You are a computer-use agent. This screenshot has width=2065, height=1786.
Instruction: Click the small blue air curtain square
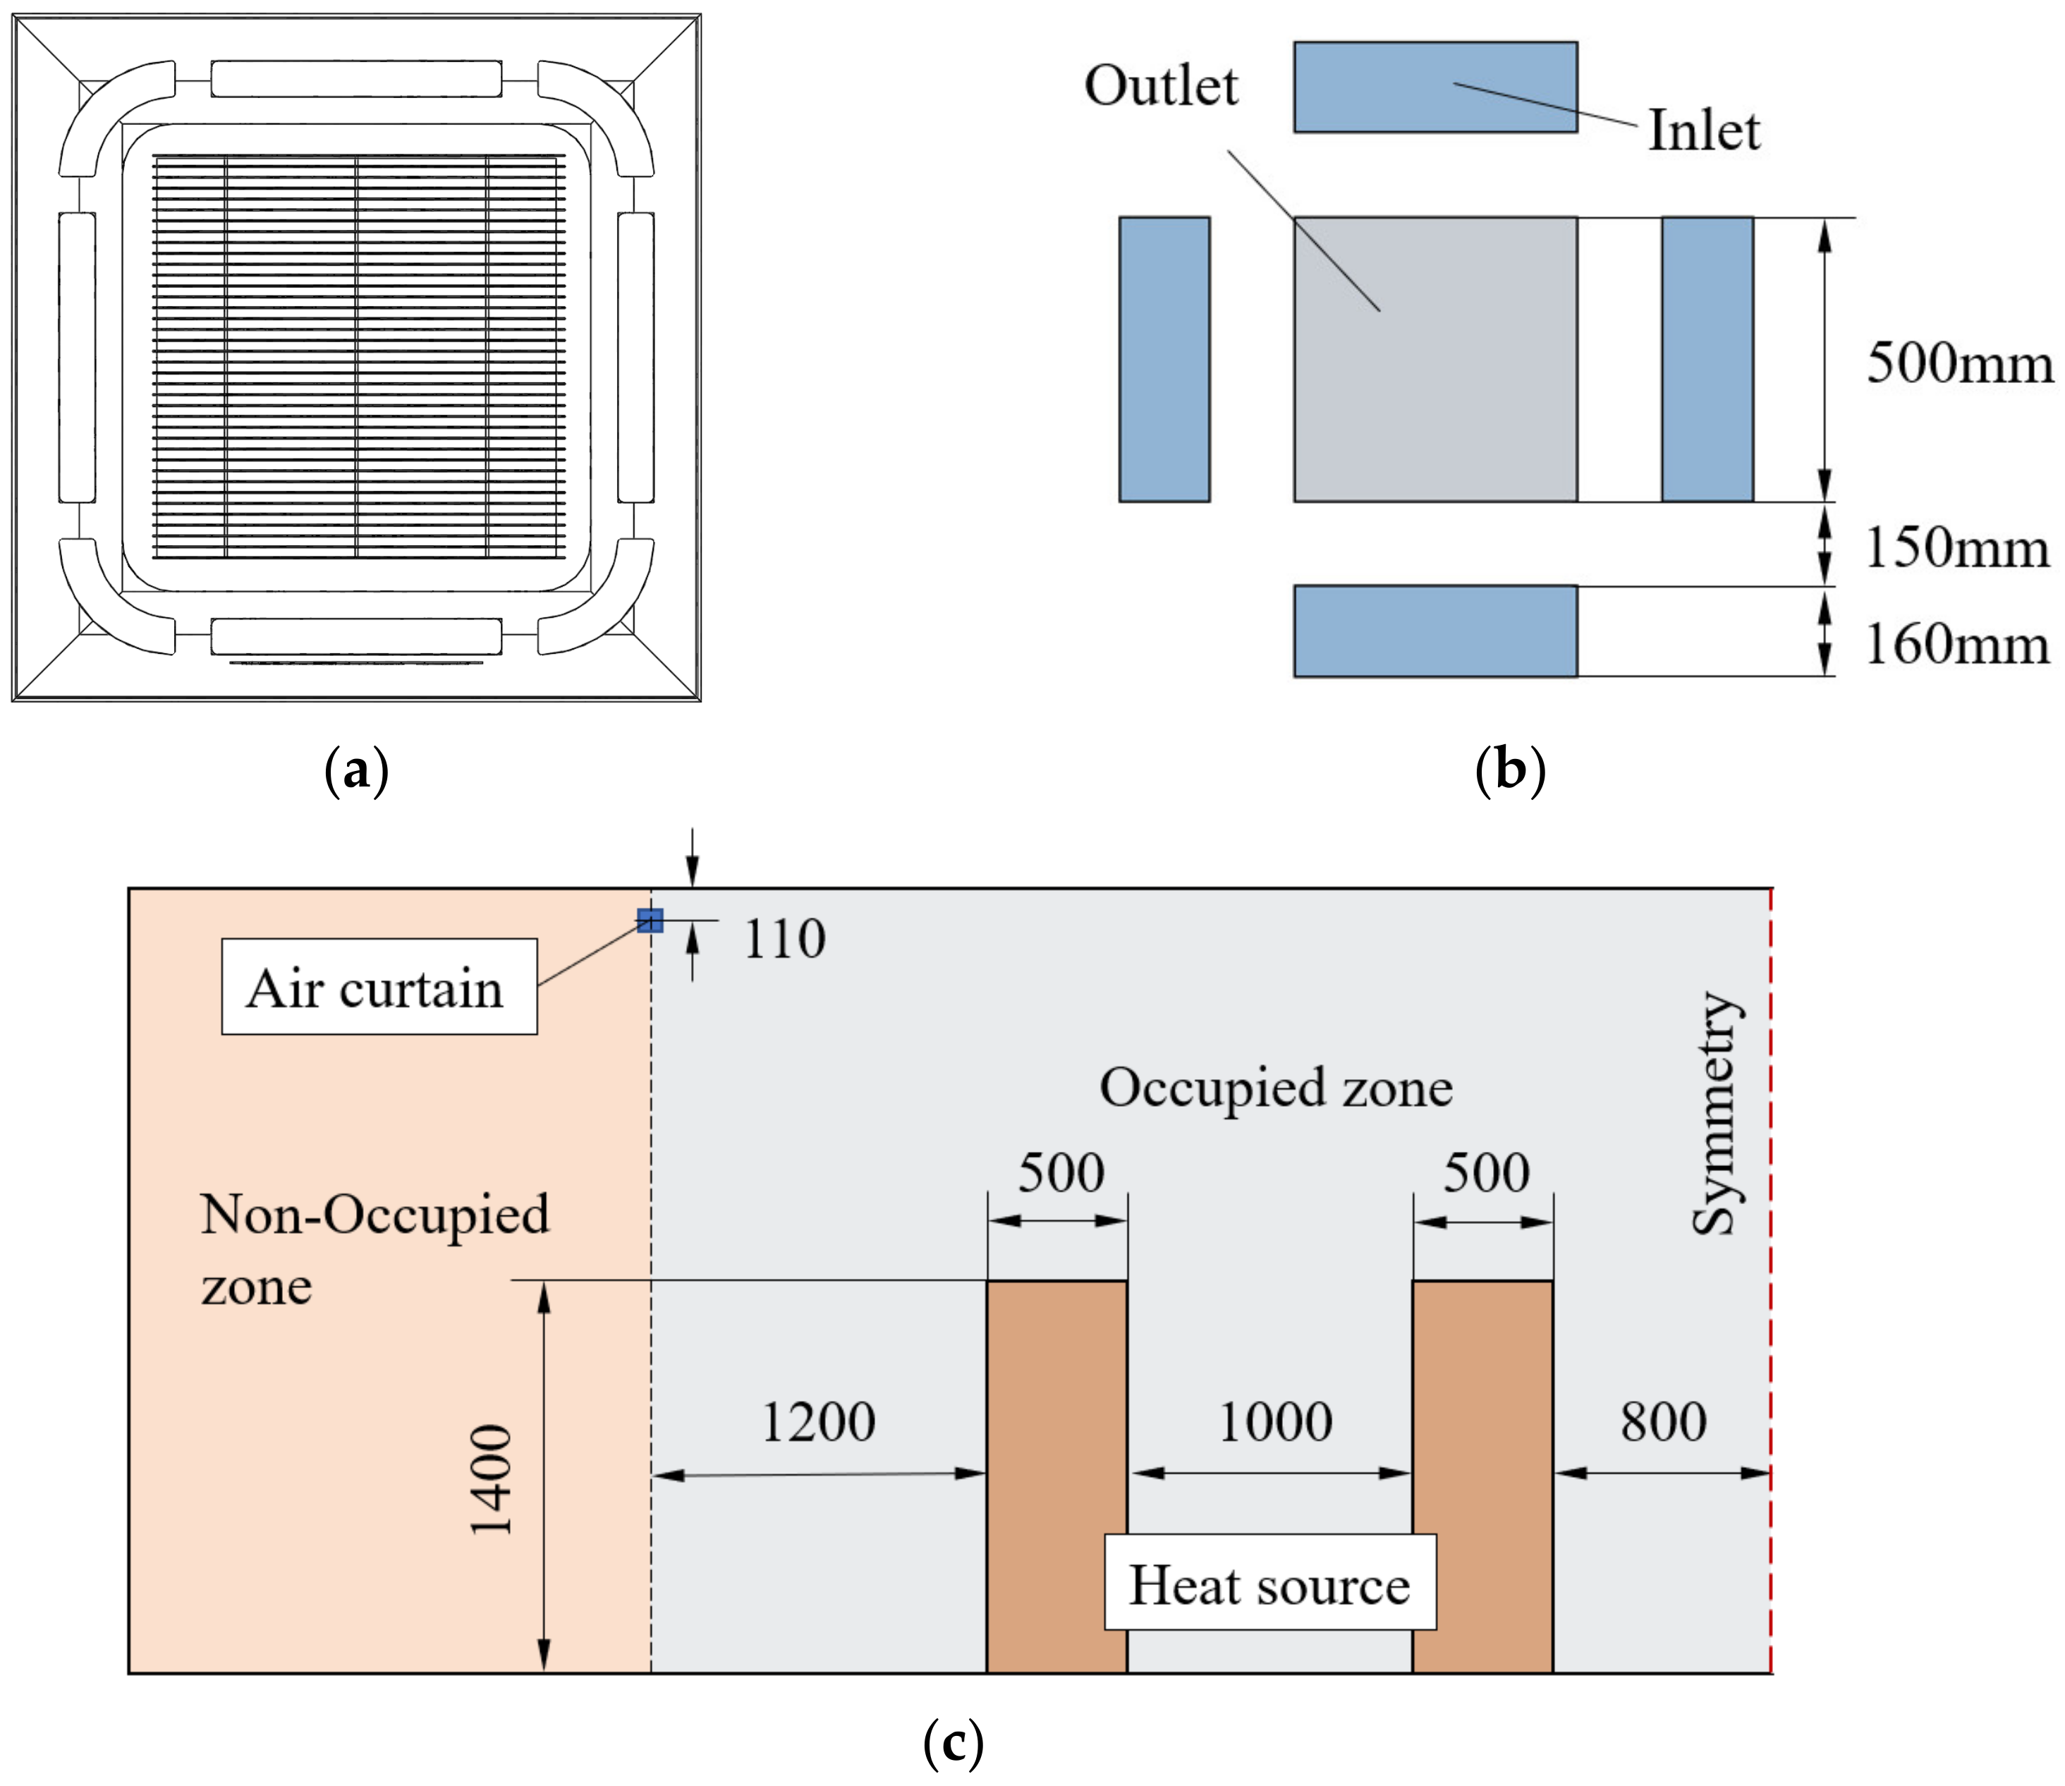(x=650, y=920)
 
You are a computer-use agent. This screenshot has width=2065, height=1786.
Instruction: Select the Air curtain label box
(x=379, y=987)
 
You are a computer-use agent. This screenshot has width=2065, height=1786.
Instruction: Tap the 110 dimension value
(x=784, y=939)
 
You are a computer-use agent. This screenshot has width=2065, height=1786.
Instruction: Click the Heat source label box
(x=1269, y=1585)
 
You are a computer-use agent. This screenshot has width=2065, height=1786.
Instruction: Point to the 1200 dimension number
(x=818, y=1422)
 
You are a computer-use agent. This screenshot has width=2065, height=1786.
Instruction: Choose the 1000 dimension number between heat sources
(x=1274, y=1422)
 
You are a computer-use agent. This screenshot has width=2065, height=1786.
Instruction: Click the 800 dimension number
(x=1662, y=1422)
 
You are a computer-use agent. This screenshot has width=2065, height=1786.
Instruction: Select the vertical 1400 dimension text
(x=492, y=1479)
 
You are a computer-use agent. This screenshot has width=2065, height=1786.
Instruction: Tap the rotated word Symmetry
(x=1716, y=1113)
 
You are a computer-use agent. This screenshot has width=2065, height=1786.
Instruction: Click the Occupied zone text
(x=1276, y=1088)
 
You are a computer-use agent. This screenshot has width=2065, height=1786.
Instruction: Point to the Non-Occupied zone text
(x=374, y=1249)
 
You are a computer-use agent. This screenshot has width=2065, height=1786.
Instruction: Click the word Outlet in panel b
(x=1161, y=86)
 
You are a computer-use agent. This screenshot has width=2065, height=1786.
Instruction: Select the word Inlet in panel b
(x=1703, y=130)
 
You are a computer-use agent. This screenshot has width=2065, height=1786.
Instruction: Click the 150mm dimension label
(x=1956, y=547)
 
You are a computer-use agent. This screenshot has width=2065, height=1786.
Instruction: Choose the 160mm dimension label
(x=1956, y=644)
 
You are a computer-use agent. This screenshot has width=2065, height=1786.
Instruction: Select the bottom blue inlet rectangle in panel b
(x=1435, y=631)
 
